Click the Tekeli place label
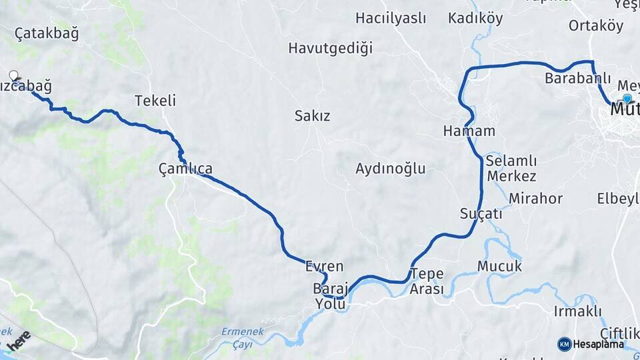(155, 101)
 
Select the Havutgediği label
(330, 48)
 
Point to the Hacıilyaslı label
(390, 18)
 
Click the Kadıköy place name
(475, 18)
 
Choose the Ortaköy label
(596, 26)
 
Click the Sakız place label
(313, 116)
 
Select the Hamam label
(469, 131)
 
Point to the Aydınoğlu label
(391, 168)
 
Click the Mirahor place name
(535, 198)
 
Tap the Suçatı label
(481, 214)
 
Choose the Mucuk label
(499, 266)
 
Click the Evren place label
(324, 267)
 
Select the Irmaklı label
(578, 311)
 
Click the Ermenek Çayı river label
(243, 337)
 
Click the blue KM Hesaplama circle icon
(564, 344)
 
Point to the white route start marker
(13, 76)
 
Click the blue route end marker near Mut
(627, 98)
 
